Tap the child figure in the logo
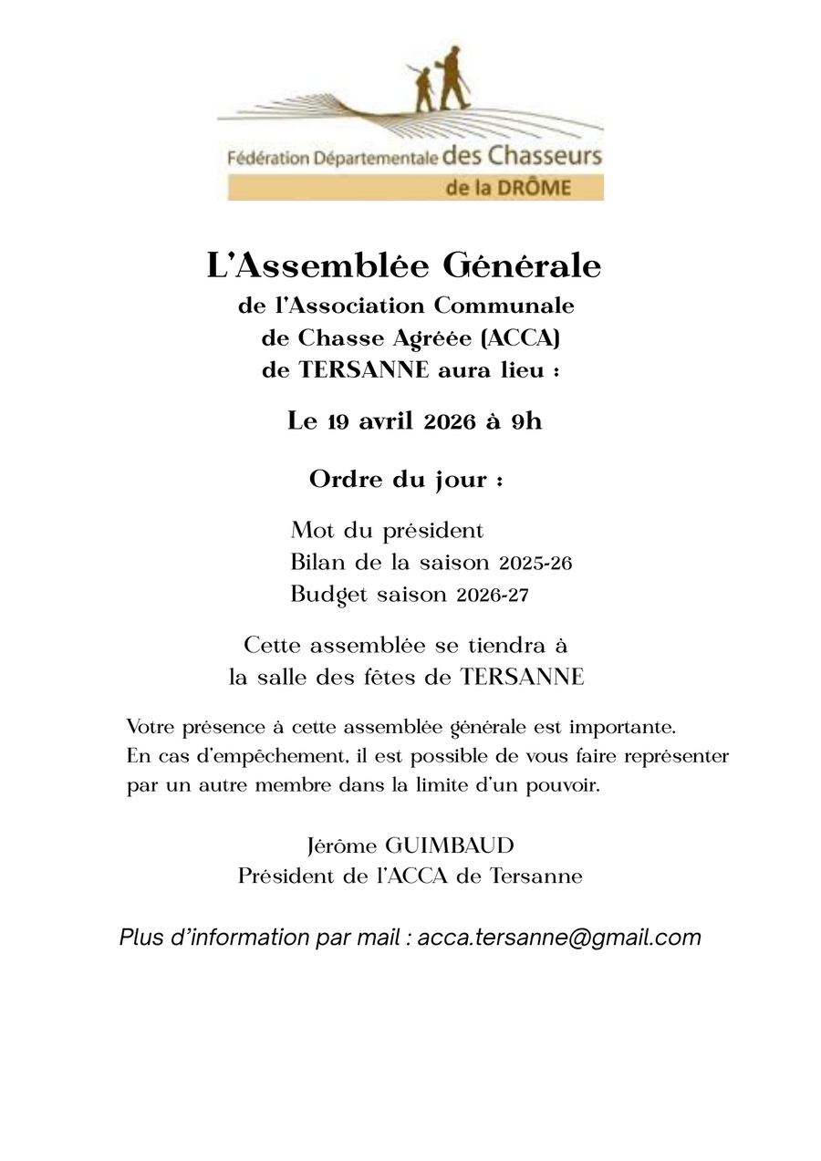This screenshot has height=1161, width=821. coord(424,89)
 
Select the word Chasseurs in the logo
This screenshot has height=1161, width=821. coord(545,155)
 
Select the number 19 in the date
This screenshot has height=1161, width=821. coord(338,421)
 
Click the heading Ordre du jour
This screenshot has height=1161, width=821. coord(406,479)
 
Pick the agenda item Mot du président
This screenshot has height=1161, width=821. coord(387,530)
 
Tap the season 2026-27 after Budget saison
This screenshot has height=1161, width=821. coord(492,596)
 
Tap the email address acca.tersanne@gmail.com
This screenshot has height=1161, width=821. coord(559,938)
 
